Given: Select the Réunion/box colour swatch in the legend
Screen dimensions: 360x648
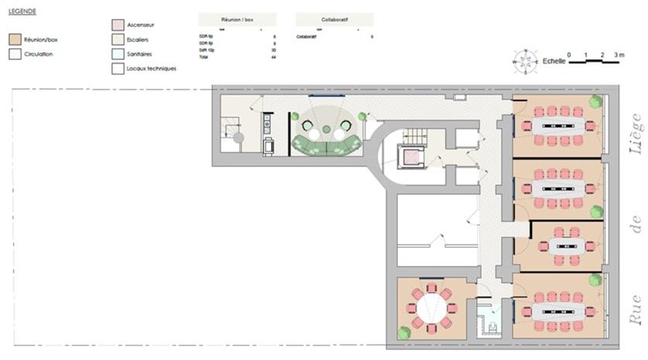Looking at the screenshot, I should pyautogui.click(x=14, y=39).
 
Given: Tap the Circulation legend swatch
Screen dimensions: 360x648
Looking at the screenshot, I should pyautogui.click(x=14, y=54).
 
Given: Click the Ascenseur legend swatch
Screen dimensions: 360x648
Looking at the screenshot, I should pyautogui.click(x=116, y=25).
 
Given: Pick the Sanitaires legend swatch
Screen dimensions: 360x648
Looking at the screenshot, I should pyautogui.click(x=116, y=54).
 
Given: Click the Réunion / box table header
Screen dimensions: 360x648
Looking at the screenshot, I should pyautogui.click(x=238, y=19).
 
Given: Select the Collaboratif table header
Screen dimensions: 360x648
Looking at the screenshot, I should pyautogui.click(x=334, y=19).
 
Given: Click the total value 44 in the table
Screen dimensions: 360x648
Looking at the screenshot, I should pyautogui.click(x=273, y=57).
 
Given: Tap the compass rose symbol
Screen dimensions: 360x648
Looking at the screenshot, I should pyautogui.click(x=526, y=61).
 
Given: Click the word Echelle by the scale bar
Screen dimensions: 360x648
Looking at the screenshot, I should pyautogui.click(x=554, y=60).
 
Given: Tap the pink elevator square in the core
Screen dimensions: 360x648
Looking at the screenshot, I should pyautogui.click(x=413, y=157).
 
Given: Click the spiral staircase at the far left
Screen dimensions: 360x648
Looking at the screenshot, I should pyautogui.click(x=238, y=138).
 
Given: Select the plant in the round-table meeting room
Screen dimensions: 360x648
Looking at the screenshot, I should pyautogui.click(x=403, y=333).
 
